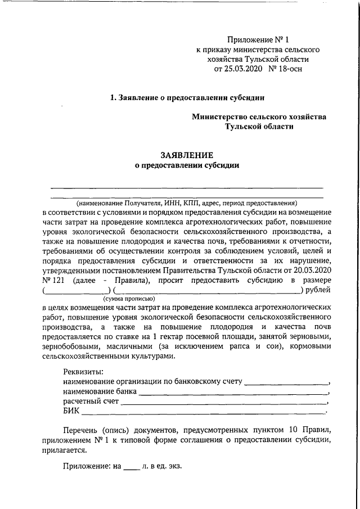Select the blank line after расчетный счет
(x=224, y=403)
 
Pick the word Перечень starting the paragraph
(x=81, y=431)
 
